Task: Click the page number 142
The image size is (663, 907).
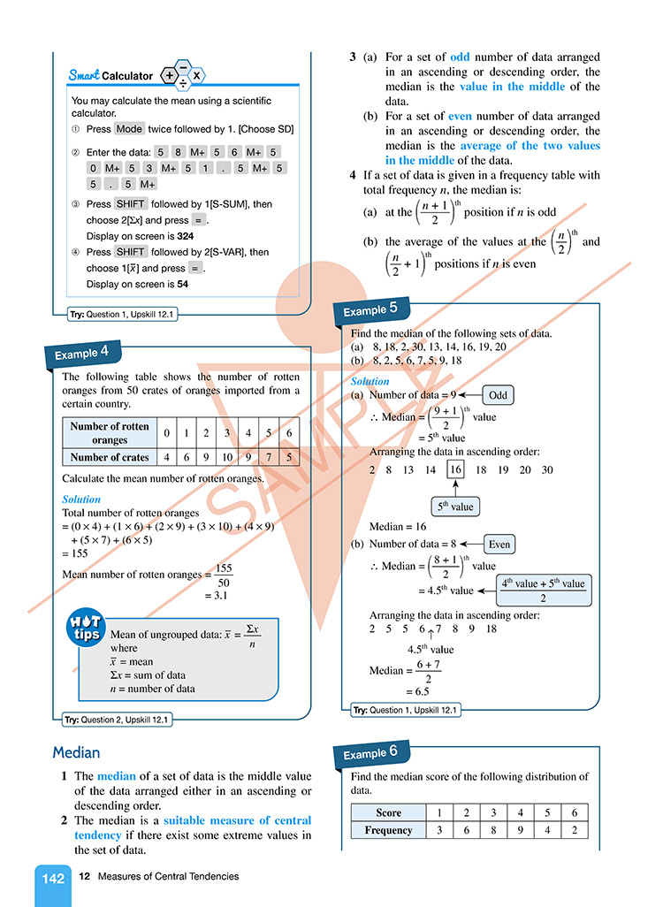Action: (x=53, y=878)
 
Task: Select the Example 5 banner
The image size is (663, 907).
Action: (x=370, y=309)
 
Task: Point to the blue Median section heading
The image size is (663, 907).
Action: (x=76, y=752)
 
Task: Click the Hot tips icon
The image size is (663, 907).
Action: (x=85, y=628)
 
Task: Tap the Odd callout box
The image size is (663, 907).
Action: (x=498, y=395)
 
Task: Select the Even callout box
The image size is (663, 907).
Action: (x=499, y=545)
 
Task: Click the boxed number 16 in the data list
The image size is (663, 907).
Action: (x=455, y=470)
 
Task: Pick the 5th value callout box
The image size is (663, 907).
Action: (x=455, y=507)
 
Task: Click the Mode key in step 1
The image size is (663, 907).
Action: (x=129, y=128)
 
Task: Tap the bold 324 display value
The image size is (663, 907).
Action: (x=186, y=236)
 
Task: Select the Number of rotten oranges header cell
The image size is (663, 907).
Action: (x=110, y=433)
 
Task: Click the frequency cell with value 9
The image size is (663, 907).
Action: (x=520, y=830)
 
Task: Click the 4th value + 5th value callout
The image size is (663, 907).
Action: (x=543, y=591)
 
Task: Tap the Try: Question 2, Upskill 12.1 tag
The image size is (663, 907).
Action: (x=117, y=720)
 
